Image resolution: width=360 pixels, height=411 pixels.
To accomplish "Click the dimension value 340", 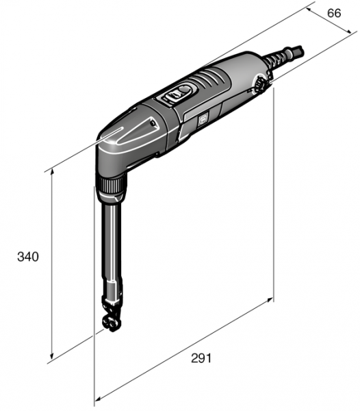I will point(28,257).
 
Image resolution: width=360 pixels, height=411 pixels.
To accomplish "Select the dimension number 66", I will point(333,12).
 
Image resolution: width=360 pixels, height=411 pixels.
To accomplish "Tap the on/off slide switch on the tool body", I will point(181,93).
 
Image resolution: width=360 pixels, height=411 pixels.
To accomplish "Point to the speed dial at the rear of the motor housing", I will point(261,86).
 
